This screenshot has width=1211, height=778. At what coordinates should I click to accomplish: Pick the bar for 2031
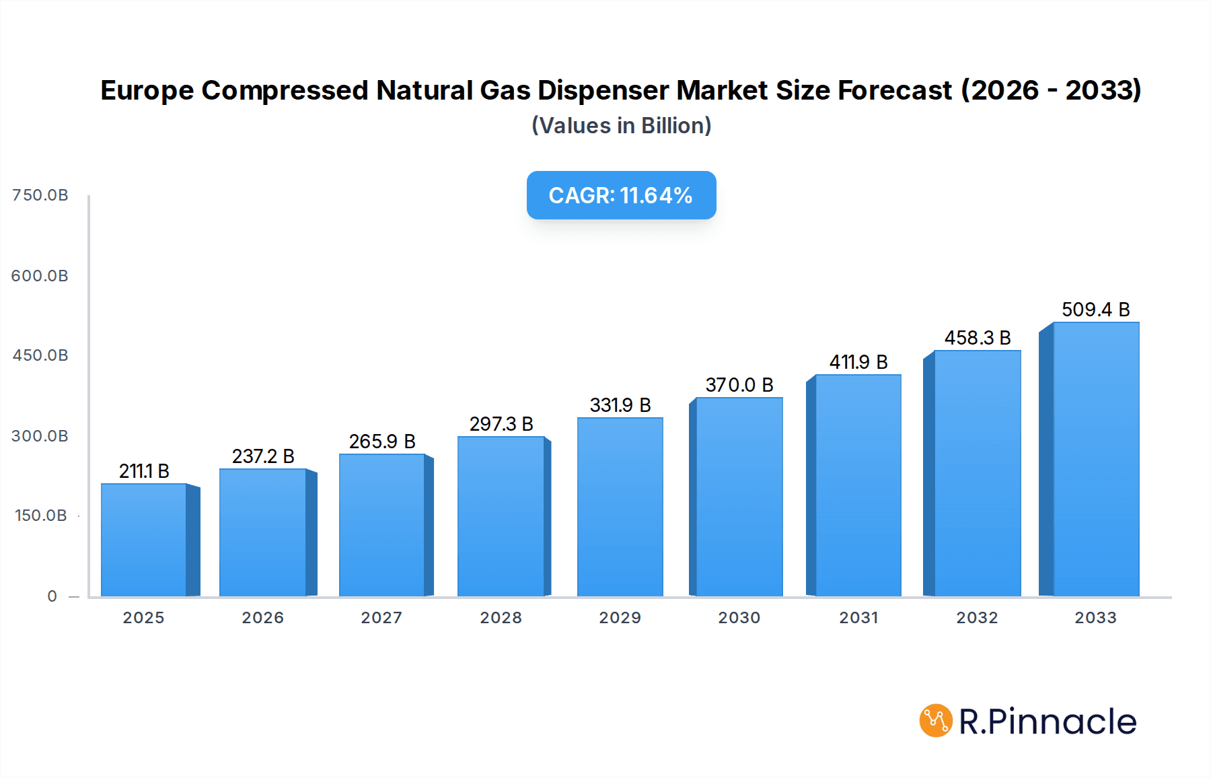click(858, 485)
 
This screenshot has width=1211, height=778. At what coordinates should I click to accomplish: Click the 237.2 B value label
click(263, 456)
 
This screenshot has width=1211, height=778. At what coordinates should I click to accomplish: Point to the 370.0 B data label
click(739, 385)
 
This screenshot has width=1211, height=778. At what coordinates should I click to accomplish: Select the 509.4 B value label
click(1095, 310)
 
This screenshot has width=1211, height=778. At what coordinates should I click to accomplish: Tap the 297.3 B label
click(501, 424)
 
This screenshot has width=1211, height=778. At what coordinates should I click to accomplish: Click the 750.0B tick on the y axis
click(40, 195)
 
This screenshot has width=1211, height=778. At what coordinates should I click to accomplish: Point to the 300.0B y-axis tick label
click(40, 436)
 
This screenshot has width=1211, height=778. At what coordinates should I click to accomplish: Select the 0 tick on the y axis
click(52, 596)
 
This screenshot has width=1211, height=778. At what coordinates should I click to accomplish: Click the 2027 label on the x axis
click(381, 618)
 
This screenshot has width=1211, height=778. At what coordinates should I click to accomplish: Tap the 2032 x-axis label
click(977, 618)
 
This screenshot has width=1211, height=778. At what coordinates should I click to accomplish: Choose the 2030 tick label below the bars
click(739, 618)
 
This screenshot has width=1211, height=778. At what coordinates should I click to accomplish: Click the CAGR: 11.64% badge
click(621, 195)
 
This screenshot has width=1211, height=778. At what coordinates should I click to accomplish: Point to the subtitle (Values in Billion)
click(621, 126)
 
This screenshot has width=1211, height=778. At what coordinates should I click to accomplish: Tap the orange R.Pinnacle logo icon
click(936, 721)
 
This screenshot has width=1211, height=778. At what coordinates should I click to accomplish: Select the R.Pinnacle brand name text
click(1048, 721)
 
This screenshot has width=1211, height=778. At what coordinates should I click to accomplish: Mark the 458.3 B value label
click(978, 338)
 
